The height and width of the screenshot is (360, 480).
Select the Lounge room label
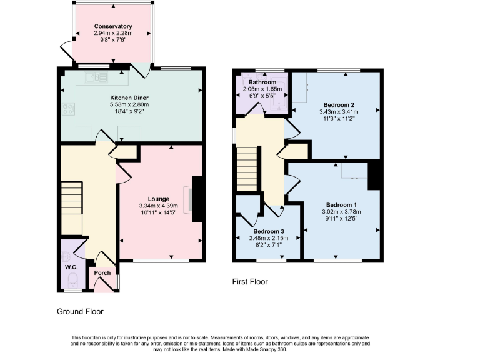pyautogui.click(x=159, y=199)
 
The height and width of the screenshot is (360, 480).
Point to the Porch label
pyautogui.click(x=102, y=273)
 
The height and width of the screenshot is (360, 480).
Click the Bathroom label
pyautogui.click(x=262, y=82)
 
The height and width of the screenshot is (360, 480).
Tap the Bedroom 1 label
pyautogui.click(x=342, y=205)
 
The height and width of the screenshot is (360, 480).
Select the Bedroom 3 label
pyautogui.click(x=269, y=231)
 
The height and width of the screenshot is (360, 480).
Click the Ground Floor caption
pyautogui.click(x=80, y=311)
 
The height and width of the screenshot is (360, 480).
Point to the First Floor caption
pyautogui.click(x=250, y=282)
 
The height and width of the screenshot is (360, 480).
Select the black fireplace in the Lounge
pyautogui.click(x=197, y=199)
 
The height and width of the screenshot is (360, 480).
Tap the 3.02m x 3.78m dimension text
pyautogui.click(x=342, y=212)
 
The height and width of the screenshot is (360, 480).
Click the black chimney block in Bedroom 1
pyautogui.click(x=375, y=174)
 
